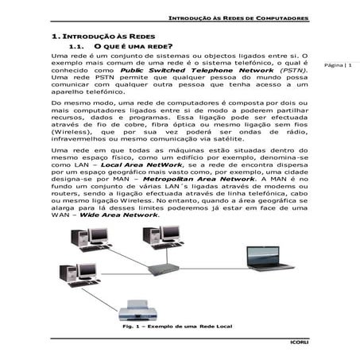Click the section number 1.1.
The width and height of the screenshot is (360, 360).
76,47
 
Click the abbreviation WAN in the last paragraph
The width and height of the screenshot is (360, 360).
60,215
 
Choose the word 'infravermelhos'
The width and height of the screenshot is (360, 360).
80,139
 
